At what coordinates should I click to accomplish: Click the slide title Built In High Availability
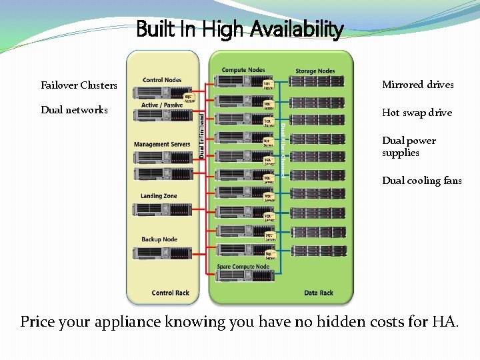click(239, 29)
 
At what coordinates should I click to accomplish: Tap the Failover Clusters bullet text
click(79, 85)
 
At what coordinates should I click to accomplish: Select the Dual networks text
click(74, 110)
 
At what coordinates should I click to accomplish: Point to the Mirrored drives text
click(417, 85)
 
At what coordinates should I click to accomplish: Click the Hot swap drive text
click(417, 113)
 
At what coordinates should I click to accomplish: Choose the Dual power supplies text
click(409, 147)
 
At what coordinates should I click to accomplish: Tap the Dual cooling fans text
click(421, 181)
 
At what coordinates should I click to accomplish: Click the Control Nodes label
click(162, 80)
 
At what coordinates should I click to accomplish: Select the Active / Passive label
click(162, 105)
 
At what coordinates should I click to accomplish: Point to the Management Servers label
click(162, 145)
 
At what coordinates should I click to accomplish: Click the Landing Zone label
click(159, 196)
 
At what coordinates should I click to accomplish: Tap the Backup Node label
click(159, 239)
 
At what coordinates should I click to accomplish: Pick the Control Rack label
click(171, 293)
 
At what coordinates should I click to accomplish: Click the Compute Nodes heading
click(243, 70)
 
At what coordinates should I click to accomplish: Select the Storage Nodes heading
click(315, 71)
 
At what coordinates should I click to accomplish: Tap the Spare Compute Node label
click(243, 267)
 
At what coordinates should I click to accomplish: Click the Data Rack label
click(319, 293)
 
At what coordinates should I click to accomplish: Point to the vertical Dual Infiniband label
click(203, 135)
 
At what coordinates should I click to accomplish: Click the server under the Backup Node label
click(162, 253)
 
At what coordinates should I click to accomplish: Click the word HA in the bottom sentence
click(444, 322)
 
